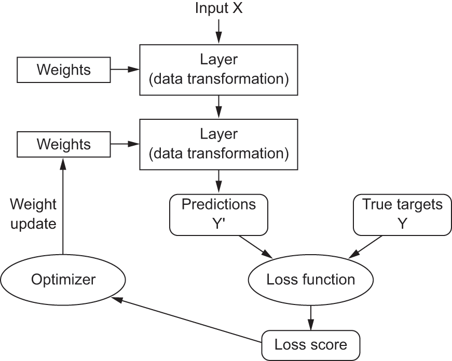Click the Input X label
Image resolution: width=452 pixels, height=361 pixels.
tap(218, 9)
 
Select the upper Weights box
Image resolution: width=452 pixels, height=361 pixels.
tap(63, 70)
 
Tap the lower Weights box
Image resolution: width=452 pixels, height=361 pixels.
tap(63, 144)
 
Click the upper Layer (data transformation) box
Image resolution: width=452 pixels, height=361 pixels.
tap(218, 70)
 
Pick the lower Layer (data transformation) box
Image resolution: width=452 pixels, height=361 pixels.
tap(218, 144)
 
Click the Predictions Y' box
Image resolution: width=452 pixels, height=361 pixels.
tap(218, 214)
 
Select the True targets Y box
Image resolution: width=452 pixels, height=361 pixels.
tap(402, 214)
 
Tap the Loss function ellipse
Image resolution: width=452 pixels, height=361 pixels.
tap(310, 280)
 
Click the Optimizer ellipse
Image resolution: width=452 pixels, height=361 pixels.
tap(63, 280)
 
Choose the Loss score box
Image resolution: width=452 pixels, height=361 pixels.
tap(310, 344)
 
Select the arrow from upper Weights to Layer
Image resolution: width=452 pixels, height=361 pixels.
tap(125, 69)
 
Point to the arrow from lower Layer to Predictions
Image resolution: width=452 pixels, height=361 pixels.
tap(218, 182)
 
